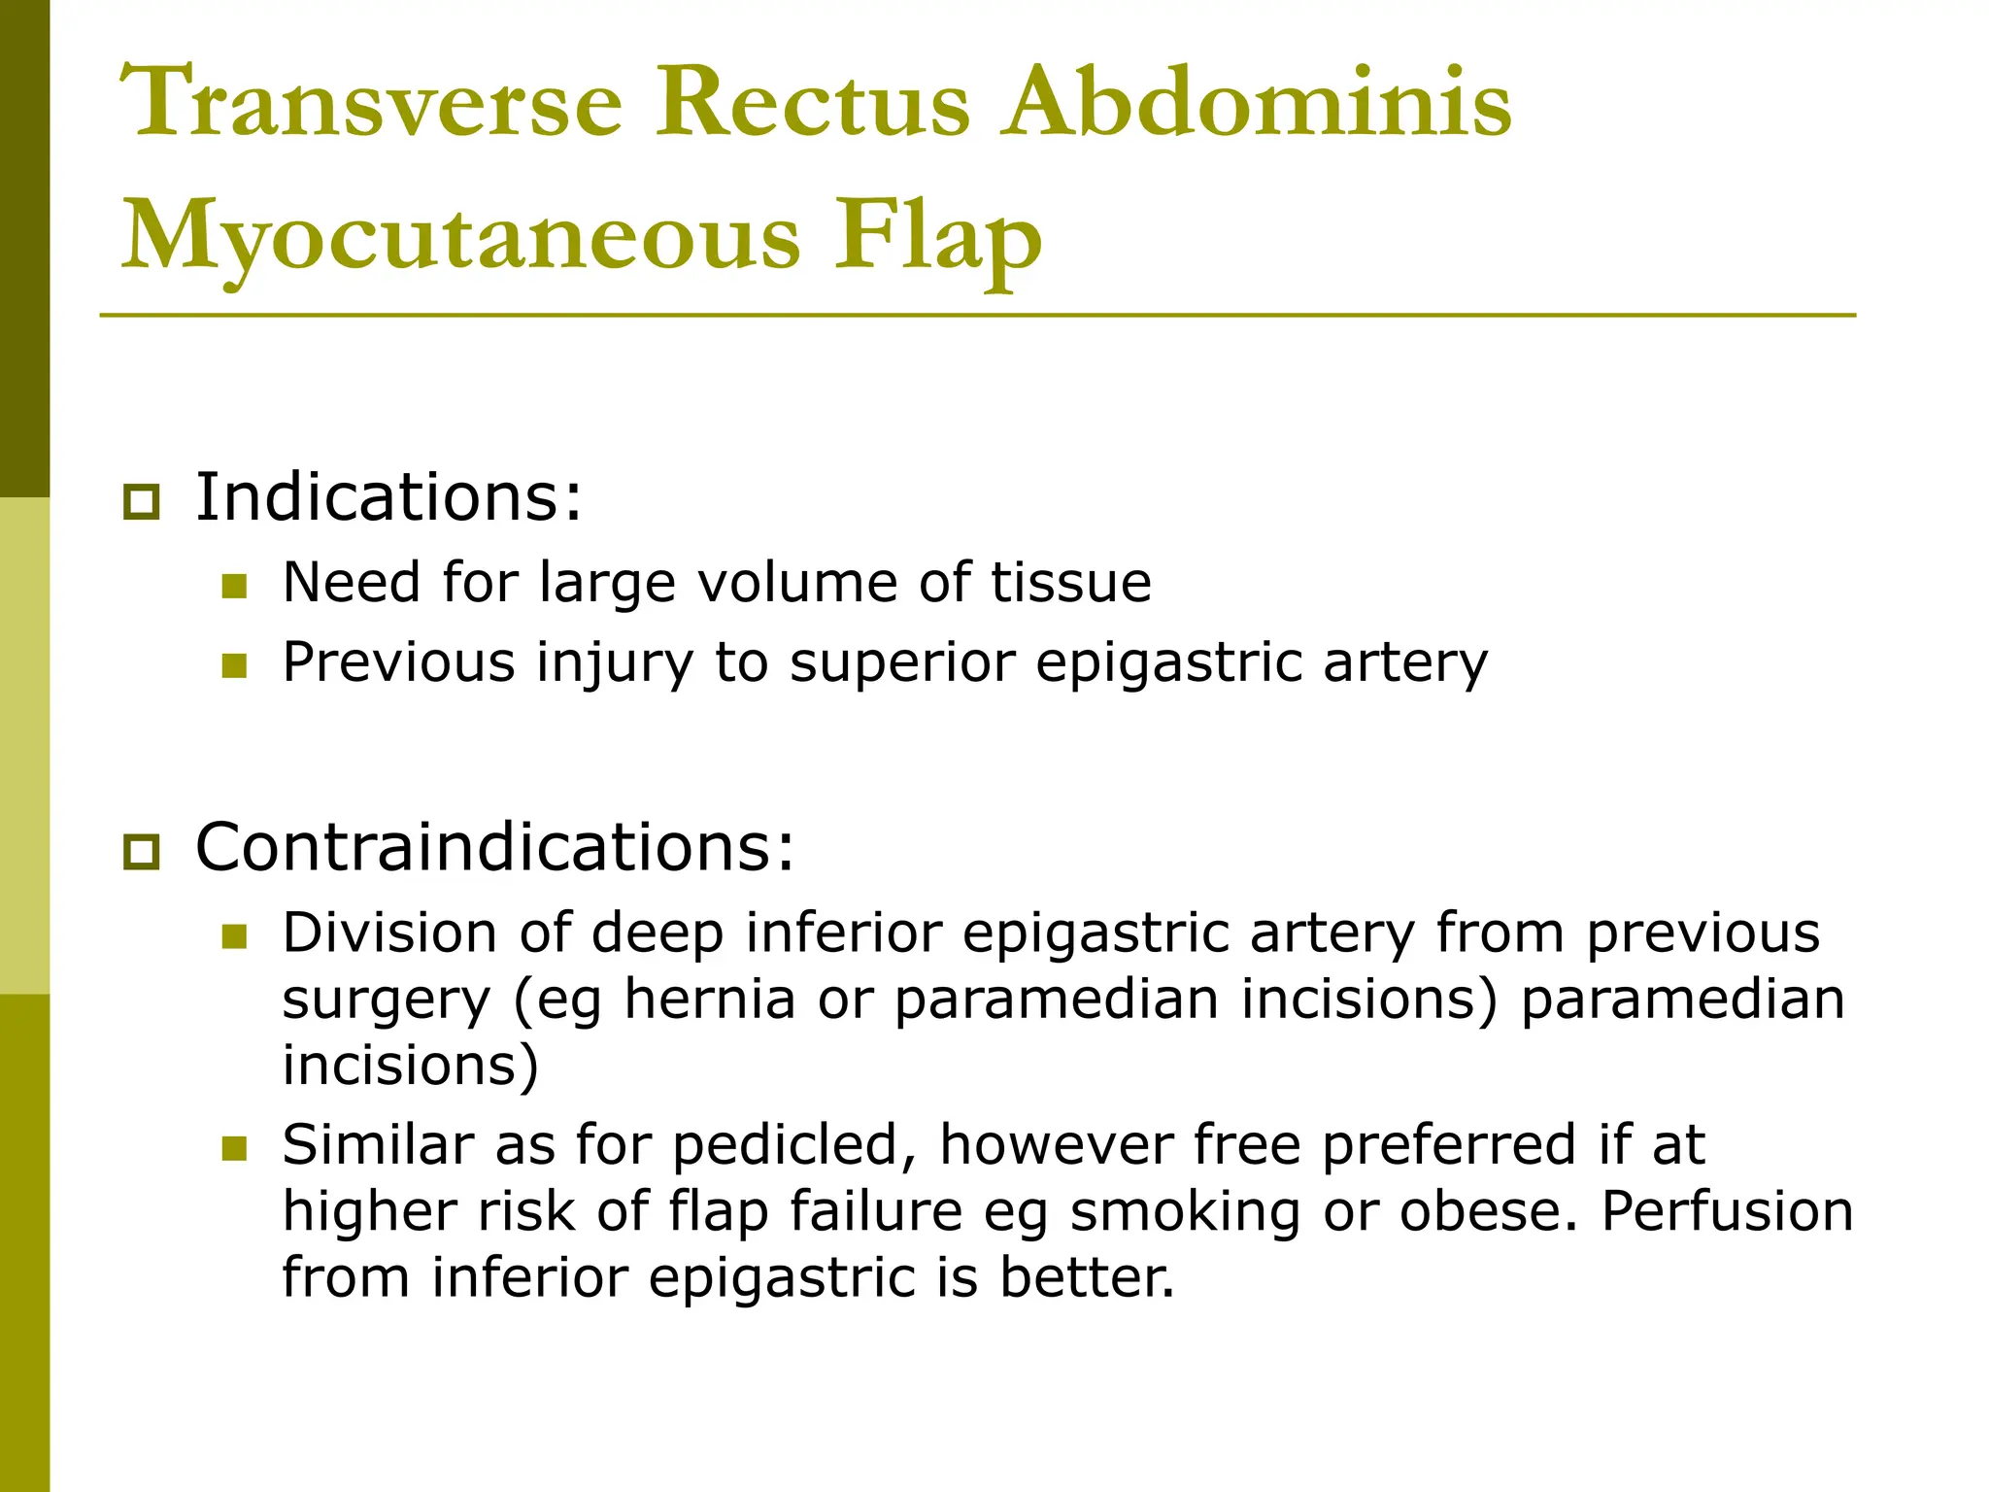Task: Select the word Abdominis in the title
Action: click(x=1258, y=103)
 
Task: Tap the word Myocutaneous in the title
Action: click(x=460, y=237)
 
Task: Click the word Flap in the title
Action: click(x=938, y=237)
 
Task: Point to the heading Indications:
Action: click(x=388, y=497)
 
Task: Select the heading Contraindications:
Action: click(x=494, y=847)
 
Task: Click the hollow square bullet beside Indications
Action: click(x=142, y=502)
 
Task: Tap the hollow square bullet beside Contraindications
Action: click(x=142, y=852)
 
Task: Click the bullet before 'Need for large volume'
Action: click(x=234, y=586)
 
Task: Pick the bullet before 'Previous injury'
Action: click(x=234, y=665)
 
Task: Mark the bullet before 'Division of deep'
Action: click(x=234, y=935)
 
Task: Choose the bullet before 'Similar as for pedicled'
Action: click(x=234, y=1148)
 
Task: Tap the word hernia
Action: click(x=709, y=1000)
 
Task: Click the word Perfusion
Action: click(x=1727, y=1211)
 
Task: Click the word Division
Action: click(x=389, y=932)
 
